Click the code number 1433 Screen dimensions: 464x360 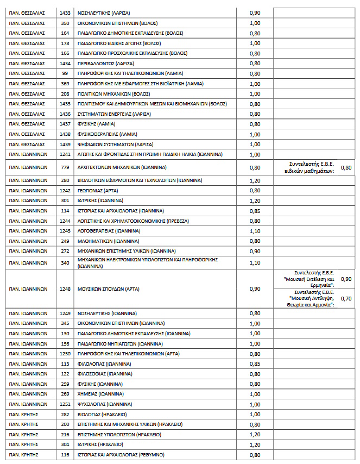pos(65,12)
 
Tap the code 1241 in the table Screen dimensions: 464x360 pos(65,154)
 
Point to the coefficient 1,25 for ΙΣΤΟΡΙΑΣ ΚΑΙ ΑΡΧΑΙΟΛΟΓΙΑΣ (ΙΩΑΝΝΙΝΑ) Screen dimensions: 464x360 pos(255,211)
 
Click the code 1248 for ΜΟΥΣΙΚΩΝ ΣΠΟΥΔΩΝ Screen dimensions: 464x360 pos(65,289)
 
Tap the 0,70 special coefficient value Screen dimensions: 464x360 pos(345,298)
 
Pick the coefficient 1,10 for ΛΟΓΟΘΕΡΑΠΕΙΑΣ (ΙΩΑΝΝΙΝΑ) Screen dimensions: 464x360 pos(255,231)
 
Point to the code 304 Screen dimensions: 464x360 pos(65,444)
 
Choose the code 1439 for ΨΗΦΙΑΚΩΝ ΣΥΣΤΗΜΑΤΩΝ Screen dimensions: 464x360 pos(65,145)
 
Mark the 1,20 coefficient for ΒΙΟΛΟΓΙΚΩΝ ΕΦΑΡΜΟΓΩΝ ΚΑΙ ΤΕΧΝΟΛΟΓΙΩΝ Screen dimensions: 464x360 pos(255,180)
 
